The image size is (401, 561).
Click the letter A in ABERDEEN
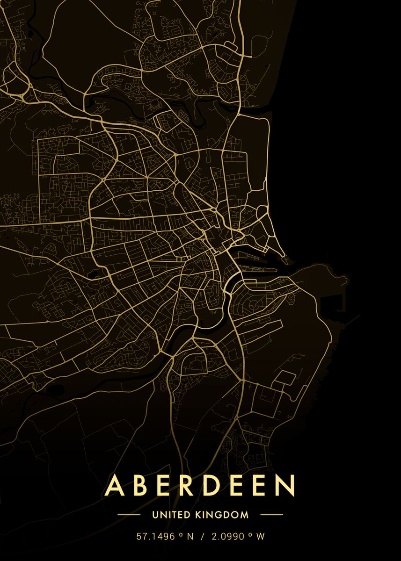point(115,486)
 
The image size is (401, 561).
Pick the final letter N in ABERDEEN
point(286,486)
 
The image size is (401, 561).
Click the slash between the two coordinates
point(203,537)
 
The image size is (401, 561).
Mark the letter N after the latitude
point(190,537)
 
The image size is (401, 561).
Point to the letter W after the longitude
point(261,537)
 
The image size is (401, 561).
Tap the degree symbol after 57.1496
point(181,535)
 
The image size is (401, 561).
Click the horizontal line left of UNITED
point(129,515)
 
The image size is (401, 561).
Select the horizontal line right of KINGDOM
point(271,515)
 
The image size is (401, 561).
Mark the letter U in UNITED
point(155,515)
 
